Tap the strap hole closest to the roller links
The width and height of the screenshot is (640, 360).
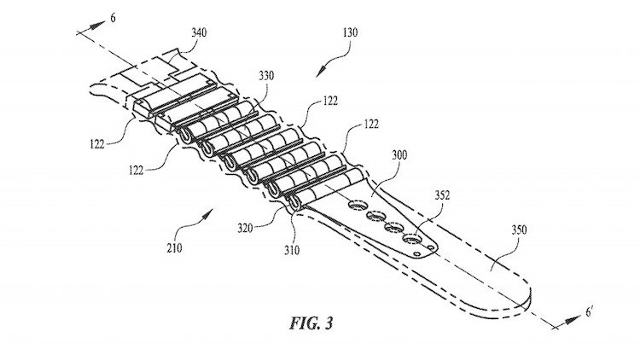(356, 204)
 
